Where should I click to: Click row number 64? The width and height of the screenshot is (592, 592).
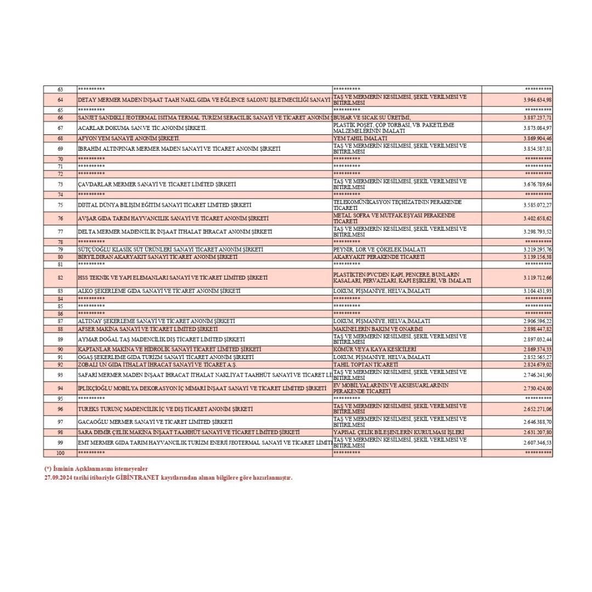tap(60, 100)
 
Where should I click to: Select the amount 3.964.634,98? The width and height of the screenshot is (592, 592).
tap(537, 100)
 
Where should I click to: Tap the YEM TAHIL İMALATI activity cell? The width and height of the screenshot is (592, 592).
tap(360, 139)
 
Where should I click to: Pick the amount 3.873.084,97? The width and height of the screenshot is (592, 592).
tap(537, 128)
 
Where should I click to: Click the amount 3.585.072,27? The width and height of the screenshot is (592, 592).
tap(537, 205)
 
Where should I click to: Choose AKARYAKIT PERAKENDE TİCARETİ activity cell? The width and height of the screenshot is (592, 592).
tap(379, 257)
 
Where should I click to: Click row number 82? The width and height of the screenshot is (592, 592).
tap(60, 277)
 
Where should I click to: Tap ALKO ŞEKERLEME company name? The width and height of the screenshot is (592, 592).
tap(160, 291)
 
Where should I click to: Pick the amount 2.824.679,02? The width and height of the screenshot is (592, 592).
tap(537, 365)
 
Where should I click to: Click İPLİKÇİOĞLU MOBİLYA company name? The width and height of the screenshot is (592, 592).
tap(202, 388)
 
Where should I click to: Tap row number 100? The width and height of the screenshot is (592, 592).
tap(60, 453)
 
